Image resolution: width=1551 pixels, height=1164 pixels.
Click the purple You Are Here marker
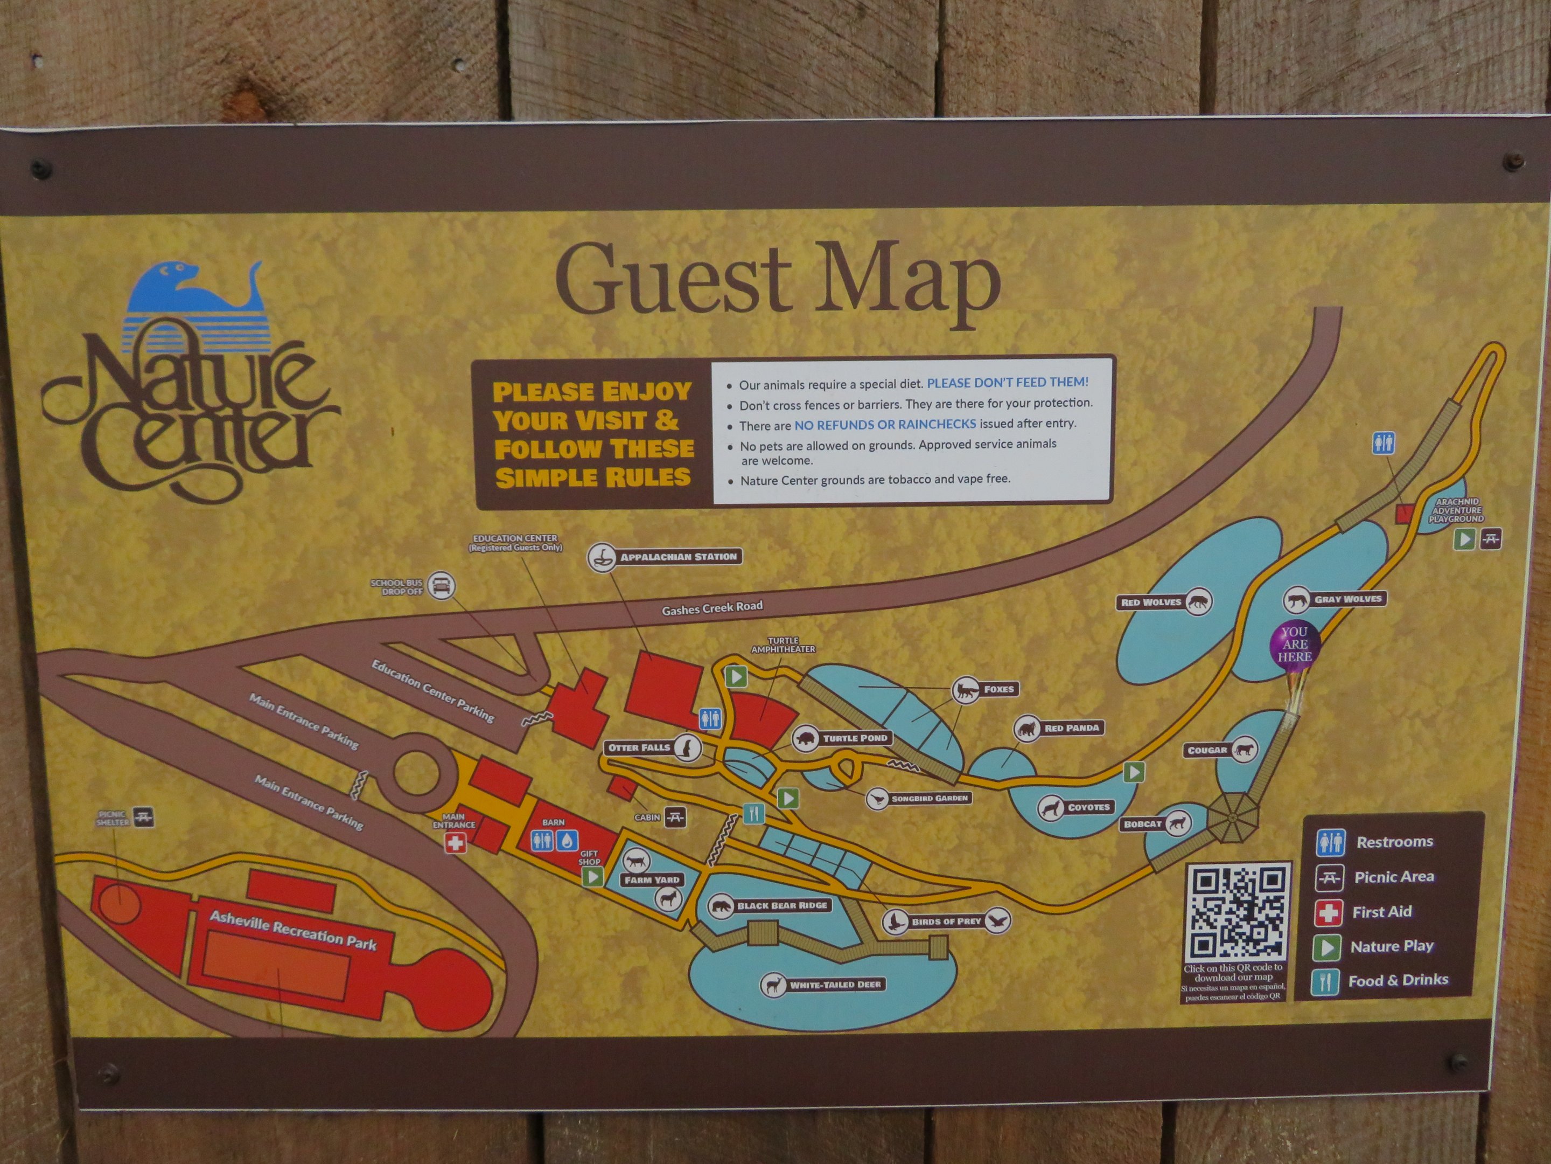click(x=1294, y=644)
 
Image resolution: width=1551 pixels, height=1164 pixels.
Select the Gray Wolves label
click(x=1347, y=599)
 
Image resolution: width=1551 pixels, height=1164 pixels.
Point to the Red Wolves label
click(x=1151, y=602)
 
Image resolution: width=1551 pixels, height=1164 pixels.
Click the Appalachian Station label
click(x=677, y=557)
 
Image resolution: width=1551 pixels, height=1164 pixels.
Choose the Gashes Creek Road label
click(x=712, y=608)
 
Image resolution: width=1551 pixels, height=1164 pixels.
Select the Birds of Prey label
click(x=946, y=921)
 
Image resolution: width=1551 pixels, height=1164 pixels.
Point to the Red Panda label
click(x=1071, y=728)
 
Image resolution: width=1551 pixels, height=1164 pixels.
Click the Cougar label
click(x=1207, y=750)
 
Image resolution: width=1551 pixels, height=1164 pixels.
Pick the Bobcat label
click(x=1142, y=824)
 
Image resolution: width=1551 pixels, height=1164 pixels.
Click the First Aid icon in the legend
click(x=1328, y=912)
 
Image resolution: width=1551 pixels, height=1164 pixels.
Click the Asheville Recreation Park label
click(x=293, y=930)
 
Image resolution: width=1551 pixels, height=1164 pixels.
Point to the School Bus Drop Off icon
click(x=441, y=585)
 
